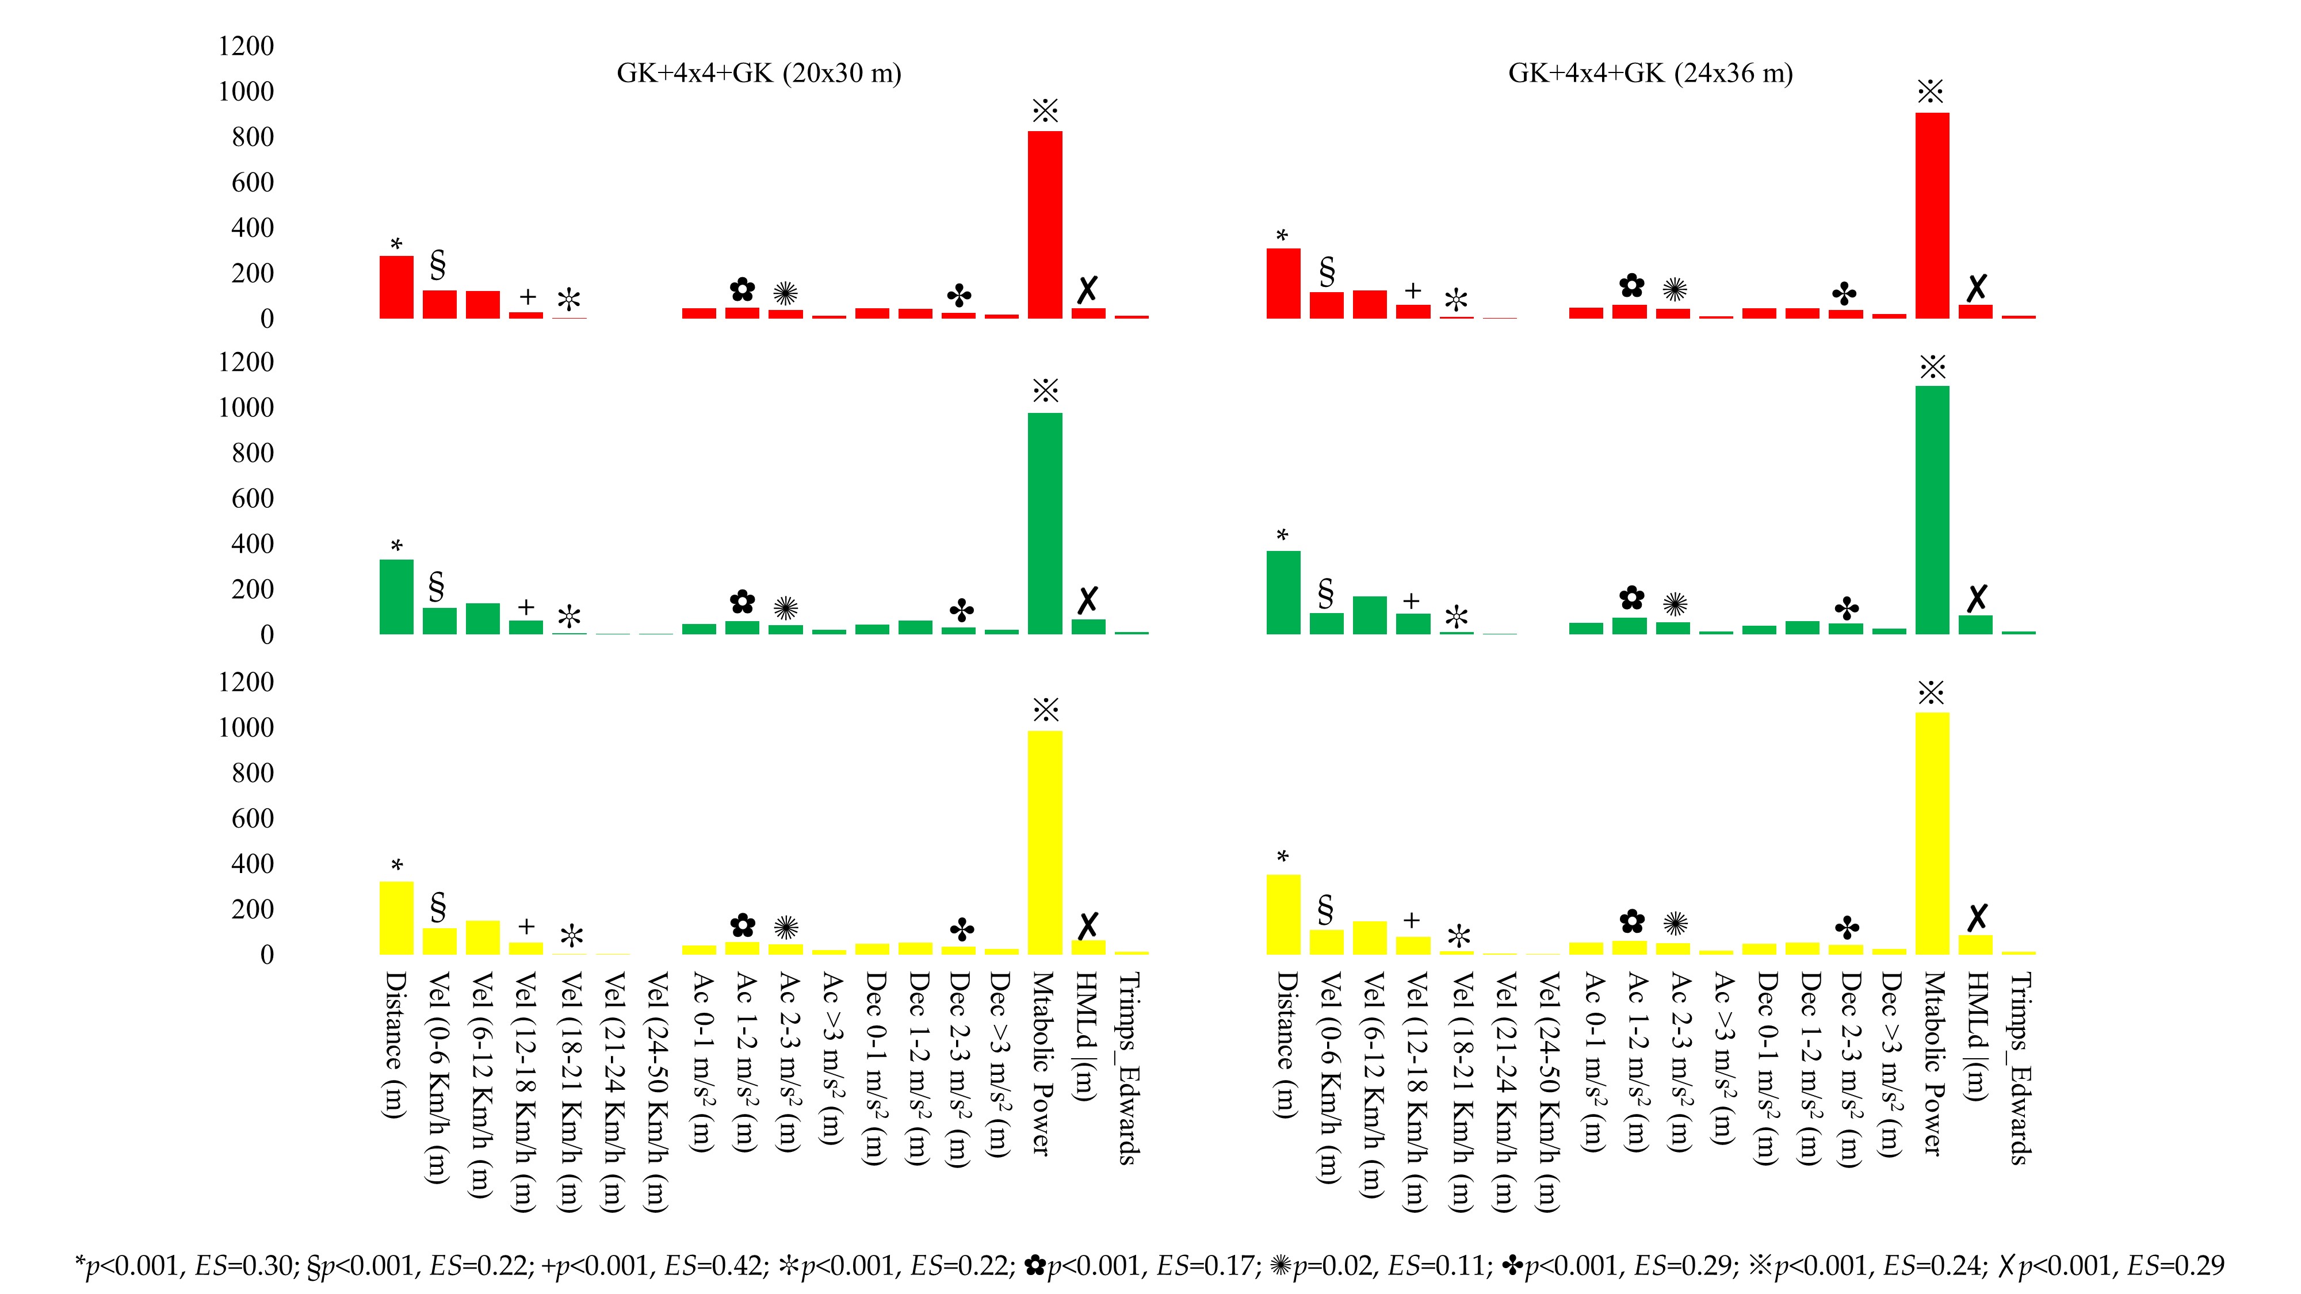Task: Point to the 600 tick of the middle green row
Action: (x=252, y=498)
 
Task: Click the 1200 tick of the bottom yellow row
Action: (x=246, y=682)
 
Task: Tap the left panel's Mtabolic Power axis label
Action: (x=1042, y=1063)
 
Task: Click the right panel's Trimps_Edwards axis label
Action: (x=2020, y=1068)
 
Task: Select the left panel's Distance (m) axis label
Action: (x=395, y=1045)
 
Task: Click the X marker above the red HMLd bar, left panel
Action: (x=1087, y=289)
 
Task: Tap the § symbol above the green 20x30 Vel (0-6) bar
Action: (x=437, y=587)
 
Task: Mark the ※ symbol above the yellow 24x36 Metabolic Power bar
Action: (x=1931, y=693)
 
